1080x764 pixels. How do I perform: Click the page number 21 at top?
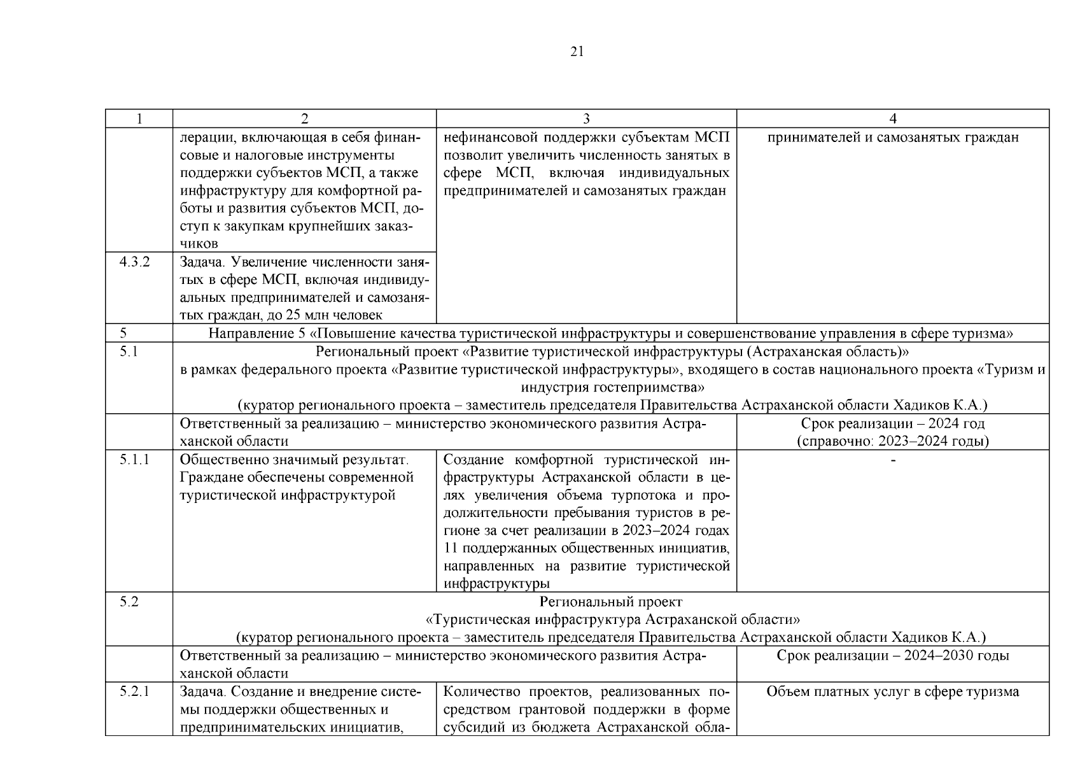tap(577, 52)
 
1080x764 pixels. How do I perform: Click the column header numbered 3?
tap(586, 118)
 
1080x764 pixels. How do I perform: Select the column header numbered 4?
tap(892, 118)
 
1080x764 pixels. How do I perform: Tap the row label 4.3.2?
tap(134, 262)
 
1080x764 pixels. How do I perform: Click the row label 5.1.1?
tap(134, 459)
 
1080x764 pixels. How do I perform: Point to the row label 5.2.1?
tap(134, 691)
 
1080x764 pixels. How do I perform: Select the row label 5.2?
tap(129, 602)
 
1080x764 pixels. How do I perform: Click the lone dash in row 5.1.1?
tap(892, 460)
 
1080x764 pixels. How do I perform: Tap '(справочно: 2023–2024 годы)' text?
tap(892, 441)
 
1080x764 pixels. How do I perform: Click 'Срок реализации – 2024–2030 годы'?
tap(892, 655)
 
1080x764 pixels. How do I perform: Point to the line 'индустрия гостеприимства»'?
tap(612, 387)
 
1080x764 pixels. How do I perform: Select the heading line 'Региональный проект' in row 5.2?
tap(610, 602)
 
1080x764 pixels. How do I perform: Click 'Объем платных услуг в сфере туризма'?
tap(892, 691)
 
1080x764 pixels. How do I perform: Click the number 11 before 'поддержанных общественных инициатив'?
tap(450, 548)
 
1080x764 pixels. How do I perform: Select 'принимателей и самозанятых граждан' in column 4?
tap(892, 138)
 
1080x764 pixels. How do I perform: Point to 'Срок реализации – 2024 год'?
tap(892, 423)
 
